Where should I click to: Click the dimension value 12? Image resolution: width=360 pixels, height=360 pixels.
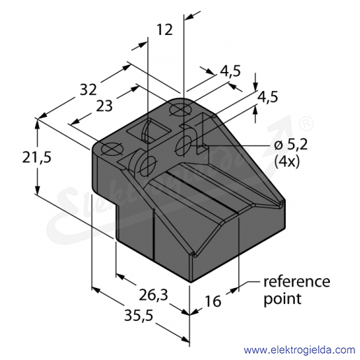point(165,29)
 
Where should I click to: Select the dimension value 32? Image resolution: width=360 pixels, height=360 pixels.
point(88,89)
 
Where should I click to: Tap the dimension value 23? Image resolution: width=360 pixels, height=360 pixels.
point(104,106)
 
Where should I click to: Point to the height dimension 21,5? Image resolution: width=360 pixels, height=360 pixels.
point(36,158)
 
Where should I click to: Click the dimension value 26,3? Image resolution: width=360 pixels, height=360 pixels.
point(153,295)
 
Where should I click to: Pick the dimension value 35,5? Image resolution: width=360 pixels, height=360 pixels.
point(138,316)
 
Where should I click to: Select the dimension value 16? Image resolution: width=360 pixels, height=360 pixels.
point(213,301)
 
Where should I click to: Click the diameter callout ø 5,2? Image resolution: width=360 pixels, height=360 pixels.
point(291,145)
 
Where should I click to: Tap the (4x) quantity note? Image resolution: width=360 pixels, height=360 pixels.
point(287,161)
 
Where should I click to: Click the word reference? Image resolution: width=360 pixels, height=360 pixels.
point(296,282)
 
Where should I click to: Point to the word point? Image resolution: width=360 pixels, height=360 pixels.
point(282,299)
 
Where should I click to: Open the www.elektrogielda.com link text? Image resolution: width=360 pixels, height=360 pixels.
point(299,350)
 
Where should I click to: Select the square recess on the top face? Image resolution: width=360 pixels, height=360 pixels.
point(148,131)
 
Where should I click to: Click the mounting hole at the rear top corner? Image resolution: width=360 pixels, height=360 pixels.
point(181,110)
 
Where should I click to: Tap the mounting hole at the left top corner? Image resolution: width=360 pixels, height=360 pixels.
point(112,149)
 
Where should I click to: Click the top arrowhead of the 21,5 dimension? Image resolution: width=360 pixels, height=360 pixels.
point(37,124)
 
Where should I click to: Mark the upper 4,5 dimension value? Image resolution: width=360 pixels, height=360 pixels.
point(230,71)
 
